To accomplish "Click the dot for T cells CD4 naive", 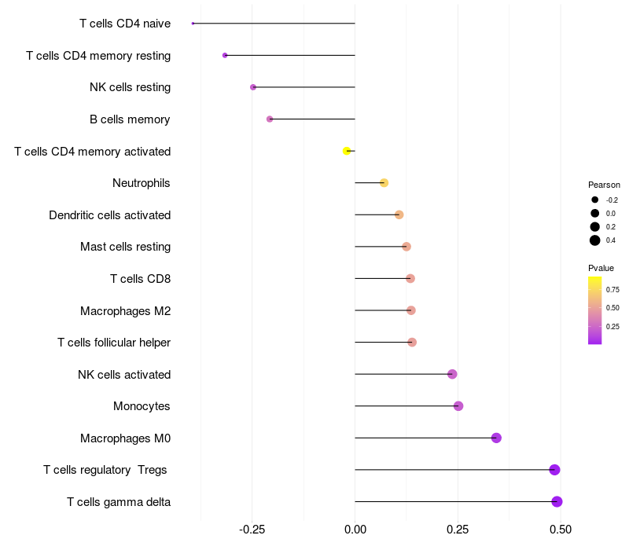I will [x=193, y=24].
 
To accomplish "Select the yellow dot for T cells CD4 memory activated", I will [x=347, y=151].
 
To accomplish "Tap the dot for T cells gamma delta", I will [x=557, y=501].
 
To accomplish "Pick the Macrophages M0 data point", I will [x=496, y=438].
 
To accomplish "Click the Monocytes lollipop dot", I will [x=458, y=406].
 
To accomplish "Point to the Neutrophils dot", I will [x=384, y=183].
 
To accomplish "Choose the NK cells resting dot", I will [x=253, y=87].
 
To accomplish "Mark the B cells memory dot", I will [x=270, y=119].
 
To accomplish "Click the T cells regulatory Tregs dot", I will [x=554, y=470].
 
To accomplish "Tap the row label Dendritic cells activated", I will [x=109, y=215].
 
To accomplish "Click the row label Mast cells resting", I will [x=125, y=247].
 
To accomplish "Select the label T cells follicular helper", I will [x=114, y=343].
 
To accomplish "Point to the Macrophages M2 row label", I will [x=125, y=311].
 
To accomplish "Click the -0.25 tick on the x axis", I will [x=252, y=530].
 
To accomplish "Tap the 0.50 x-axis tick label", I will [x=560, y=530].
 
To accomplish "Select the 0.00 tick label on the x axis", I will [x=355, y=530].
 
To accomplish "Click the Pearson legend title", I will [x=604, y=185].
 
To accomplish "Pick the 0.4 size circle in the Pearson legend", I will [x=595, y=240].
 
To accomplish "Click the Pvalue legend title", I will [x=601, y=268].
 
